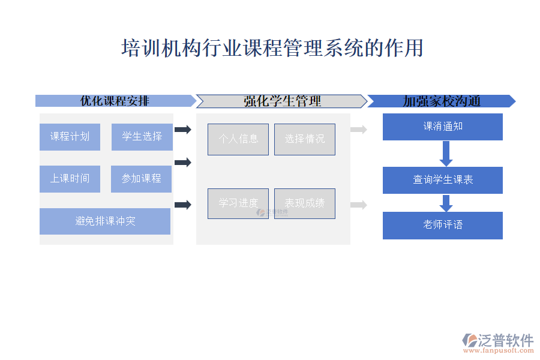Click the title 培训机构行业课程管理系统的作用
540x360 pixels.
click(x=272, y=48)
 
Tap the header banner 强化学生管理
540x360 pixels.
click(x=281, y=101)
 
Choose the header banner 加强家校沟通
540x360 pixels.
click(x=441, y=101)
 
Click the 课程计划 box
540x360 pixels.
click(x=70, y=137)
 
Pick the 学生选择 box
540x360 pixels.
click(x=142, y=137)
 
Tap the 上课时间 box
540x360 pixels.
click(x=70, y=179)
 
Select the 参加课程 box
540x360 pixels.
click(x=141, y=179)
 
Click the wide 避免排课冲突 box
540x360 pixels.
click(x=105, y=221)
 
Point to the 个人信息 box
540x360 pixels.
click(x=238, y=139)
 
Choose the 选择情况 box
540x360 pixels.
click(x=305, y=139)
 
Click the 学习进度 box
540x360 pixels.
click(x=238, y=203)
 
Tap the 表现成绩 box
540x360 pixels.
click(x=305, y=203)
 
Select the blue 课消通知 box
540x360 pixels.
click(x=443, y=127)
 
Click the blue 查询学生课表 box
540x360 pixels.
click(x=443, y=180)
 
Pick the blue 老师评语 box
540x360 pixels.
click(x=443, y=225)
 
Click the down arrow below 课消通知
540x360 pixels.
click(x=446, y=154)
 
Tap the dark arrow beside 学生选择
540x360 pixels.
click(x=182, y=130)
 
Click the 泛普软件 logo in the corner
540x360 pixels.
click(x=498, y=341)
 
